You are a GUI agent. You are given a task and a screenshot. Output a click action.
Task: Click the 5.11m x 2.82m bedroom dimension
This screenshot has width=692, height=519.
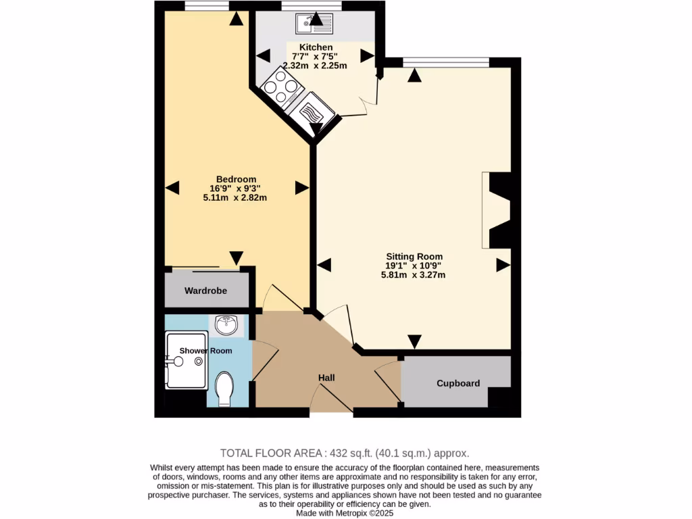(236, 198)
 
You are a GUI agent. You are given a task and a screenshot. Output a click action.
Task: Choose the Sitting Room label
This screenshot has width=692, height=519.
(414, 256)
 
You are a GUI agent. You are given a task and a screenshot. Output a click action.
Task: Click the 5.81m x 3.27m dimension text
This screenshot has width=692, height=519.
(414, 275)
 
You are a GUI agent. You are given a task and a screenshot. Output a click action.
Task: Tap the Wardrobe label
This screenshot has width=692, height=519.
(206, 291)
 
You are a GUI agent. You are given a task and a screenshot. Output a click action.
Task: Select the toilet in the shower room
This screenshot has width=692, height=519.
(224, 390)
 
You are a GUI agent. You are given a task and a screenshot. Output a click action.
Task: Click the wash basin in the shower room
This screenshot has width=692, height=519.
(226, 326)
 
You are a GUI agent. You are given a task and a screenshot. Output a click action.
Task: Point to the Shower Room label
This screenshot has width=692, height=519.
(205, 351)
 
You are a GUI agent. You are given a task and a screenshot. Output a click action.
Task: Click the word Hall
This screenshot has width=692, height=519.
(327, 378)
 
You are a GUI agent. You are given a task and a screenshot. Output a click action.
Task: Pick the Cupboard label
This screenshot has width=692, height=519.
(458, 383)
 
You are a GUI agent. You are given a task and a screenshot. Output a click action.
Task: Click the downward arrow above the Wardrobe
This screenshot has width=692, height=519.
(236, 258)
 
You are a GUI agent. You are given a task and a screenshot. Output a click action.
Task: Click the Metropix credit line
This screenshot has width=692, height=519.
(345, 513)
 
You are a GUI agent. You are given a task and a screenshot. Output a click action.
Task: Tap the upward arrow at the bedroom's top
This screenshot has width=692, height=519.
(236, 18)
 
